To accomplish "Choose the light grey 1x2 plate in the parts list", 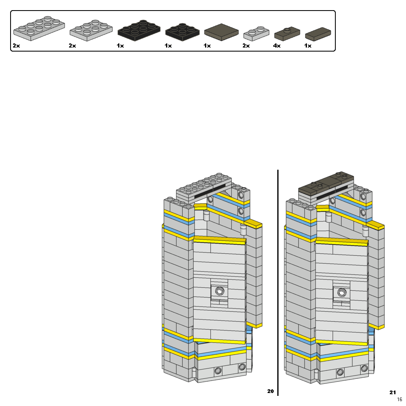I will coord(256,34).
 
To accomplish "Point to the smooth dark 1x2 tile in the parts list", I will coord(318,34).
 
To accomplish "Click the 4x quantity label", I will coord(277,46).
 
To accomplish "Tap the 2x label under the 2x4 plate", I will coord(16,46).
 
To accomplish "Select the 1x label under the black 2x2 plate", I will coord(168,46).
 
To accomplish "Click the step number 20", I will coord(270,391).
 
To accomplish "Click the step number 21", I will coord(392,392).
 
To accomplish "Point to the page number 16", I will coord(400,400).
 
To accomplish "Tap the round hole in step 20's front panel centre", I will coord(220,291).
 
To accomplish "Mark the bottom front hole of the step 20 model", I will coord(218,370).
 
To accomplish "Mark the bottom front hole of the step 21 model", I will coord(340,371).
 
